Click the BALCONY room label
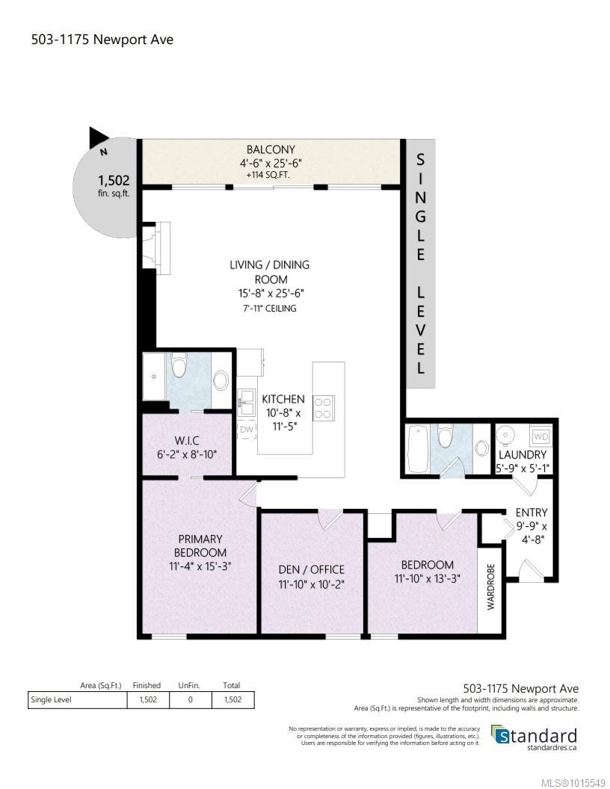[x=271, y=149]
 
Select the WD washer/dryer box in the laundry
[x=540, y=436]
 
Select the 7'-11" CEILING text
[x=269, y=308]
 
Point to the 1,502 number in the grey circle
[x=114, y=180]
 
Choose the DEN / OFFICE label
[x=311, y=569]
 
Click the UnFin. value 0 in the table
[x=190, y=700]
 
